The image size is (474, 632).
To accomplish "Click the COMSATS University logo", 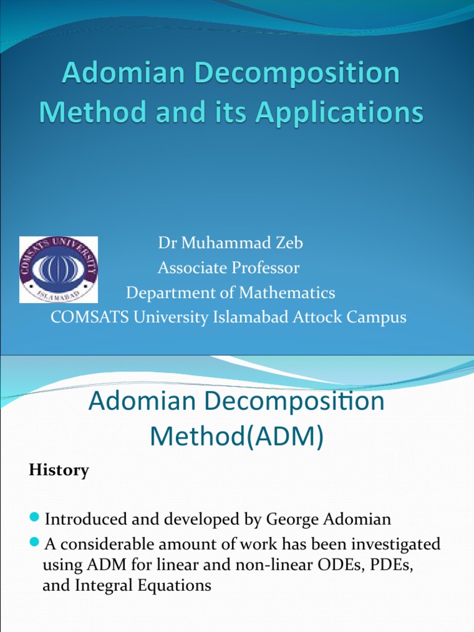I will point(59,270).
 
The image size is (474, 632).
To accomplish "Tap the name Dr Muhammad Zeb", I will point(230,243).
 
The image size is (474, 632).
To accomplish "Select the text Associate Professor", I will point(228,268).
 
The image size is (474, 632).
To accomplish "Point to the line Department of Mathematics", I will point(230,293).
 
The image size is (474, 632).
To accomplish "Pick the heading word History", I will point(59,470).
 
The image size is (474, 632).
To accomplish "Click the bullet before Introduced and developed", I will point(35,516).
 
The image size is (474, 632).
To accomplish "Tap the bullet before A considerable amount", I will point(35,542).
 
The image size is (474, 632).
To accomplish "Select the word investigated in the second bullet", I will point(391,544).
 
